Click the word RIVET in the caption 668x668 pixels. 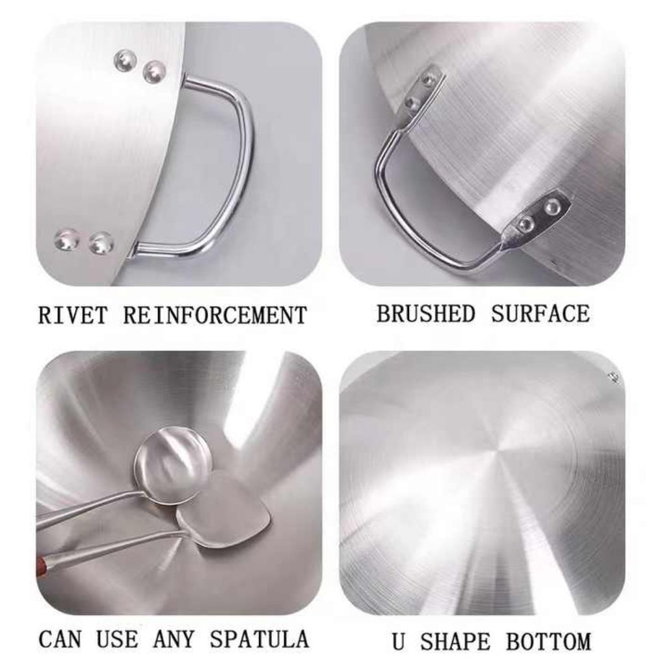point(72,316)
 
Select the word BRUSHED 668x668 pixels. point(425,314)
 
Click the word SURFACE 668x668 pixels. point(541,314)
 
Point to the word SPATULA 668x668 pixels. point(259,639)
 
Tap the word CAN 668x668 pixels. point(59,639)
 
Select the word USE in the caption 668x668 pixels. point(117,639)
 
